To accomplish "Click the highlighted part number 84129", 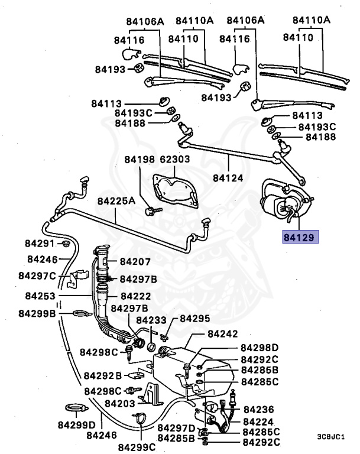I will coord(301,236).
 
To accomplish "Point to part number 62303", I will coord(175,160).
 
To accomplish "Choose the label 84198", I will coord(140,160).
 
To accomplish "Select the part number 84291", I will coord(40,243).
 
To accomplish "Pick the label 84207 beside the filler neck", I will coord(135,261).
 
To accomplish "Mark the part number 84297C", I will coord(37,275).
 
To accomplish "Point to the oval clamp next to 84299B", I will coord(79,313).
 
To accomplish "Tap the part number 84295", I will coord(195,319).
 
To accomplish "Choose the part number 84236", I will coord(259,409).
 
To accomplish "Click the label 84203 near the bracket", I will coord(119,403).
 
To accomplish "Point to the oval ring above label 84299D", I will coord(74,408).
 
